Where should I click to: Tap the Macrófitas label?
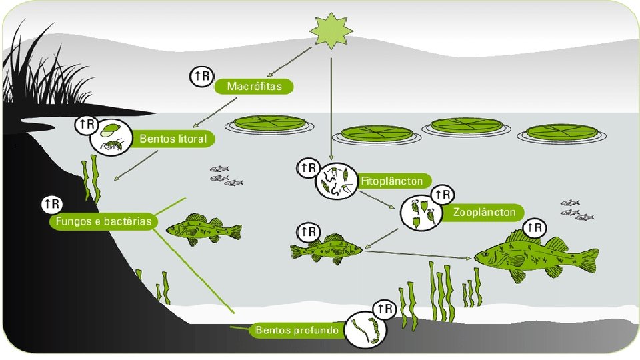[254, 86]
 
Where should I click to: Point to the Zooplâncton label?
[484, 213]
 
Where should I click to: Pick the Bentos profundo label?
[297, 329]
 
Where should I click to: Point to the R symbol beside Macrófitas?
[201, 77]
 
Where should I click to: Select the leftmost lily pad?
[269, 124]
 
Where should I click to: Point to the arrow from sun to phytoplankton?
[331, 107]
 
